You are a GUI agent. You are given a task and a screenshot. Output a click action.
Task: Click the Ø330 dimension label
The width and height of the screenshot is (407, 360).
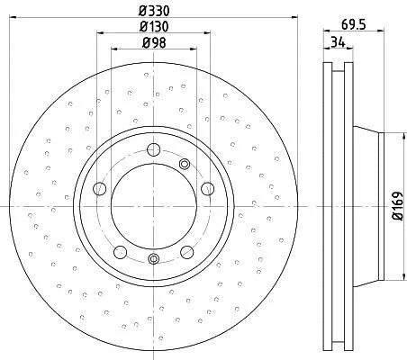click(154, 11)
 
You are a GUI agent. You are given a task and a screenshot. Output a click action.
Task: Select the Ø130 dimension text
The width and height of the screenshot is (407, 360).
click(154, 27)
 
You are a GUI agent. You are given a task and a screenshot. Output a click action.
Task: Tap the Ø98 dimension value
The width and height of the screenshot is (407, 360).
click(154, 43)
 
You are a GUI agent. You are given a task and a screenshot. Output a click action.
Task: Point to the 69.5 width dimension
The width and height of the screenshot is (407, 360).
click(354, 24)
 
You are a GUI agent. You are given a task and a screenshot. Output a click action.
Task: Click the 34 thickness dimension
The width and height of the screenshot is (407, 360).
click(338, 42)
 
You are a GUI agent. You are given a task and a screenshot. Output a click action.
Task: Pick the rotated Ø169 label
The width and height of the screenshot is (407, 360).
click(397, 207)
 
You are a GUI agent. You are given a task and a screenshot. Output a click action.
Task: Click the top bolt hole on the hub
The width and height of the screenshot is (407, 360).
click(154, 149)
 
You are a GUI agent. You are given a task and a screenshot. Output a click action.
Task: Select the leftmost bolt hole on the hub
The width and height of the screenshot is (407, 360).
click(100, 189)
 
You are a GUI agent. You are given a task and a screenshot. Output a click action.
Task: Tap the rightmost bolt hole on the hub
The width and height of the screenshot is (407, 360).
click(207, 189)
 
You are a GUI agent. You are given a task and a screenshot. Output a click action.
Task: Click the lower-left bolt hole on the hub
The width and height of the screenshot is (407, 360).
click(121, 252)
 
